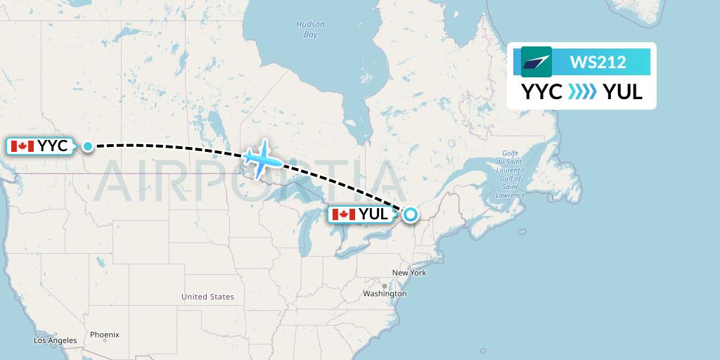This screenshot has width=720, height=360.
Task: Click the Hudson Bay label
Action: pyautogui.click(x=310, y=29)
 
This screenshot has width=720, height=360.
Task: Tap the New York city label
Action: pyautogui.click(x=409, y=273)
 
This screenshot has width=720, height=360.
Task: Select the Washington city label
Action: pyautogui.click(x=385, y=293)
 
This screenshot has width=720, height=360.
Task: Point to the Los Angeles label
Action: pyautogui.click(x=56, y=340)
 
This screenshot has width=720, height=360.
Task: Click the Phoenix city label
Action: pyautogui.click(x=104, y=335)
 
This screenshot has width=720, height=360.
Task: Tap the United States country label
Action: pyautogui.click(x=207, y=297)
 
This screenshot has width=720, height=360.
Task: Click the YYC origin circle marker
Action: pyautogui.click(x=88, y=146)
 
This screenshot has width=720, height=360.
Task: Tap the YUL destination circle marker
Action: pyautogui.click(x=409, y=214)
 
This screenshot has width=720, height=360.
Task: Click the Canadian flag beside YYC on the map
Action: pyautogui.click(x=22, y=146)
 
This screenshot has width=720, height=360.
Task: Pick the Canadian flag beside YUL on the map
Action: pyautogui.click(x=344, y=214)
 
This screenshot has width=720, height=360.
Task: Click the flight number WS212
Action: pyautogui.click(x=598, y=63)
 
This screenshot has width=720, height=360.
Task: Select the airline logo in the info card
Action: pyautogui.click(x=536, y=62)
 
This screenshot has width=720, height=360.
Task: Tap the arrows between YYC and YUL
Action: pyautogui.click(x=582, y=92)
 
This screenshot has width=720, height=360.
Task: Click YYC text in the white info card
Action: pyautogui.click(x=541, y=92)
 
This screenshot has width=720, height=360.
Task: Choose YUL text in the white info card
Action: pyautogui.click(x=623, y=92)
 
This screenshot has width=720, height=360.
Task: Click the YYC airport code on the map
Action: pyautogui.click(x=53, y=146)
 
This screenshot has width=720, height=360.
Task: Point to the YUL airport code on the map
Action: pyautogui.click(x=373, y=214)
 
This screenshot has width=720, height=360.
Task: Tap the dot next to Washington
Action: pyautogui.click(x=385, y=285)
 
